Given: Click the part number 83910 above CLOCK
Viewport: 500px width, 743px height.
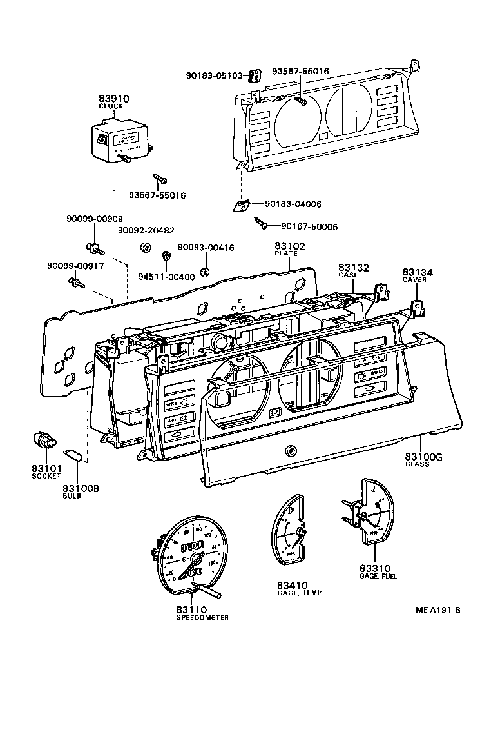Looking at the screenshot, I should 113,99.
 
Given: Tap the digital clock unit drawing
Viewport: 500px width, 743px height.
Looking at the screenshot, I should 120,141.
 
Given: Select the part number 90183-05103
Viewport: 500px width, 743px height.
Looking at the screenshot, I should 214,75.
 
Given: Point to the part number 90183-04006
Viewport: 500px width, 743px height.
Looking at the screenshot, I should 293,204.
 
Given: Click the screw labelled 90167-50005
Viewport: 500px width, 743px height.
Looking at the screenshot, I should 262,224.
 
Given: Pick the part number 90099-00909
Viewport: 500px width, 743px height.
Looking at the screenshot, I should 94,219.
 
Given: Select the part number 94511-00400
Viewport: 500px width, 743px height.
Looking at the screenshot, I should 166,277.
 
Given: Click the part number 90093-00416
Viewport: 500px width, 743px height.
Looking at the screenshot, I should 206,248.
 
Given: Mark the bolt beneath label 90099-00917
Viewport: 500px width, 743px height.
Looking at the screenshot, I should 78,282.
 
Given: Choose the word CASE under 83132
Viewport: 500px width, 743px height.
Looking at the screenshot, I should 348,275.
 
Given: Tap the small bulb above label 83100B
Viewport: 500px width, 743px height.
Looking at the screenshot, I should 73,457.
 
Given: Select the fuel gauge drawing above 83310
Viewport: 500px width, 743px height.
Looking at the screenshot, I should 369,513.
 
